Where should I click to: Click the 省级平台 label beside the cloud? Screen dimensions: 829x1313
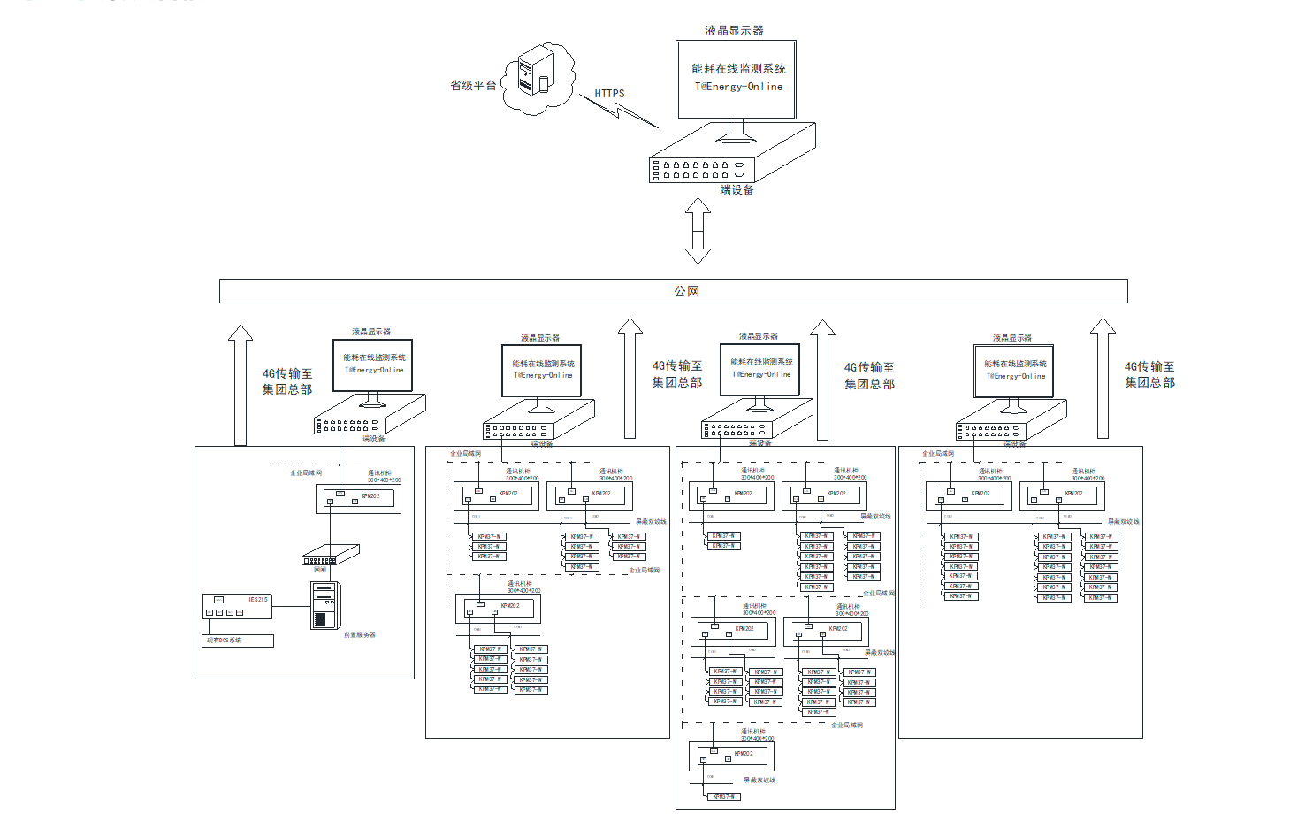pos(473,86)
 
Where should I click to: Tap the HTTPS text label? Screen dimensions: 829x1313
pos(609,93)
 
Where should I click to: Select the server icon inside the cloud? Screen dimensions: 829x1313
pos(535,73)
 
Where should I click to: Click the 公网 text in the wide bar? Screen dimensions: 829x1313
pos(686,291)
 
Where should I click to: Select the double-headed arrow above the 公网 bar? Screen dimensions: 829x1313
pos(698,230)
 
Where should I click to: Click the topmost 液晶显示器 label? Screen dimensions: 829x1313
pos(734,31)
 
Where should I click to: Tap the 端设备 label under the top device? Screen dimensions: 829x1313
pos(737,190)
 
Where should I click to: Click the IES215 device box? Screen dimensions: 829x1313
pos(236,606)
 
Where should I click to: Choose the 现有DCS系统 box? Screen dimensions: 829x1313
pos(237,641)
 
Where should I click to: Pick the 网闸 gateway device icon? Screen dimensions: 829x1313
pos(331,555)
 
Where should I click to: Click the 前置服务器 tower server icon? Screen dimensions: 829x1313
pos(325,605)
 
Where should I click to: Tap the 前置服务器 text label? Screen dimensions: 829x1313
pos(359,635)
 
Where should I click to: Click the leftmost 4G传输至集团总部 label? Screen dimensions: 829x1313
pos(286,381)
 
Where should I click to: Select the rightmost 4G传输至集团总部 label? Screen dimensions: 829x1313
pos(1149,374)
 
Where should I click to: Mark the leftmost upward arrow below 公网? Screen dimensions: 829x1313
pos(240,385)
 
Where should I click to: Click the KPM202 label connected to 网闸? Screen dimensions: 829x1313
pos(370,496)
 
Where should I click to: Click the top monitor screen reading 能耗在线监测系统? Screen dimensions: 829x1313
pos(737,79)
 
